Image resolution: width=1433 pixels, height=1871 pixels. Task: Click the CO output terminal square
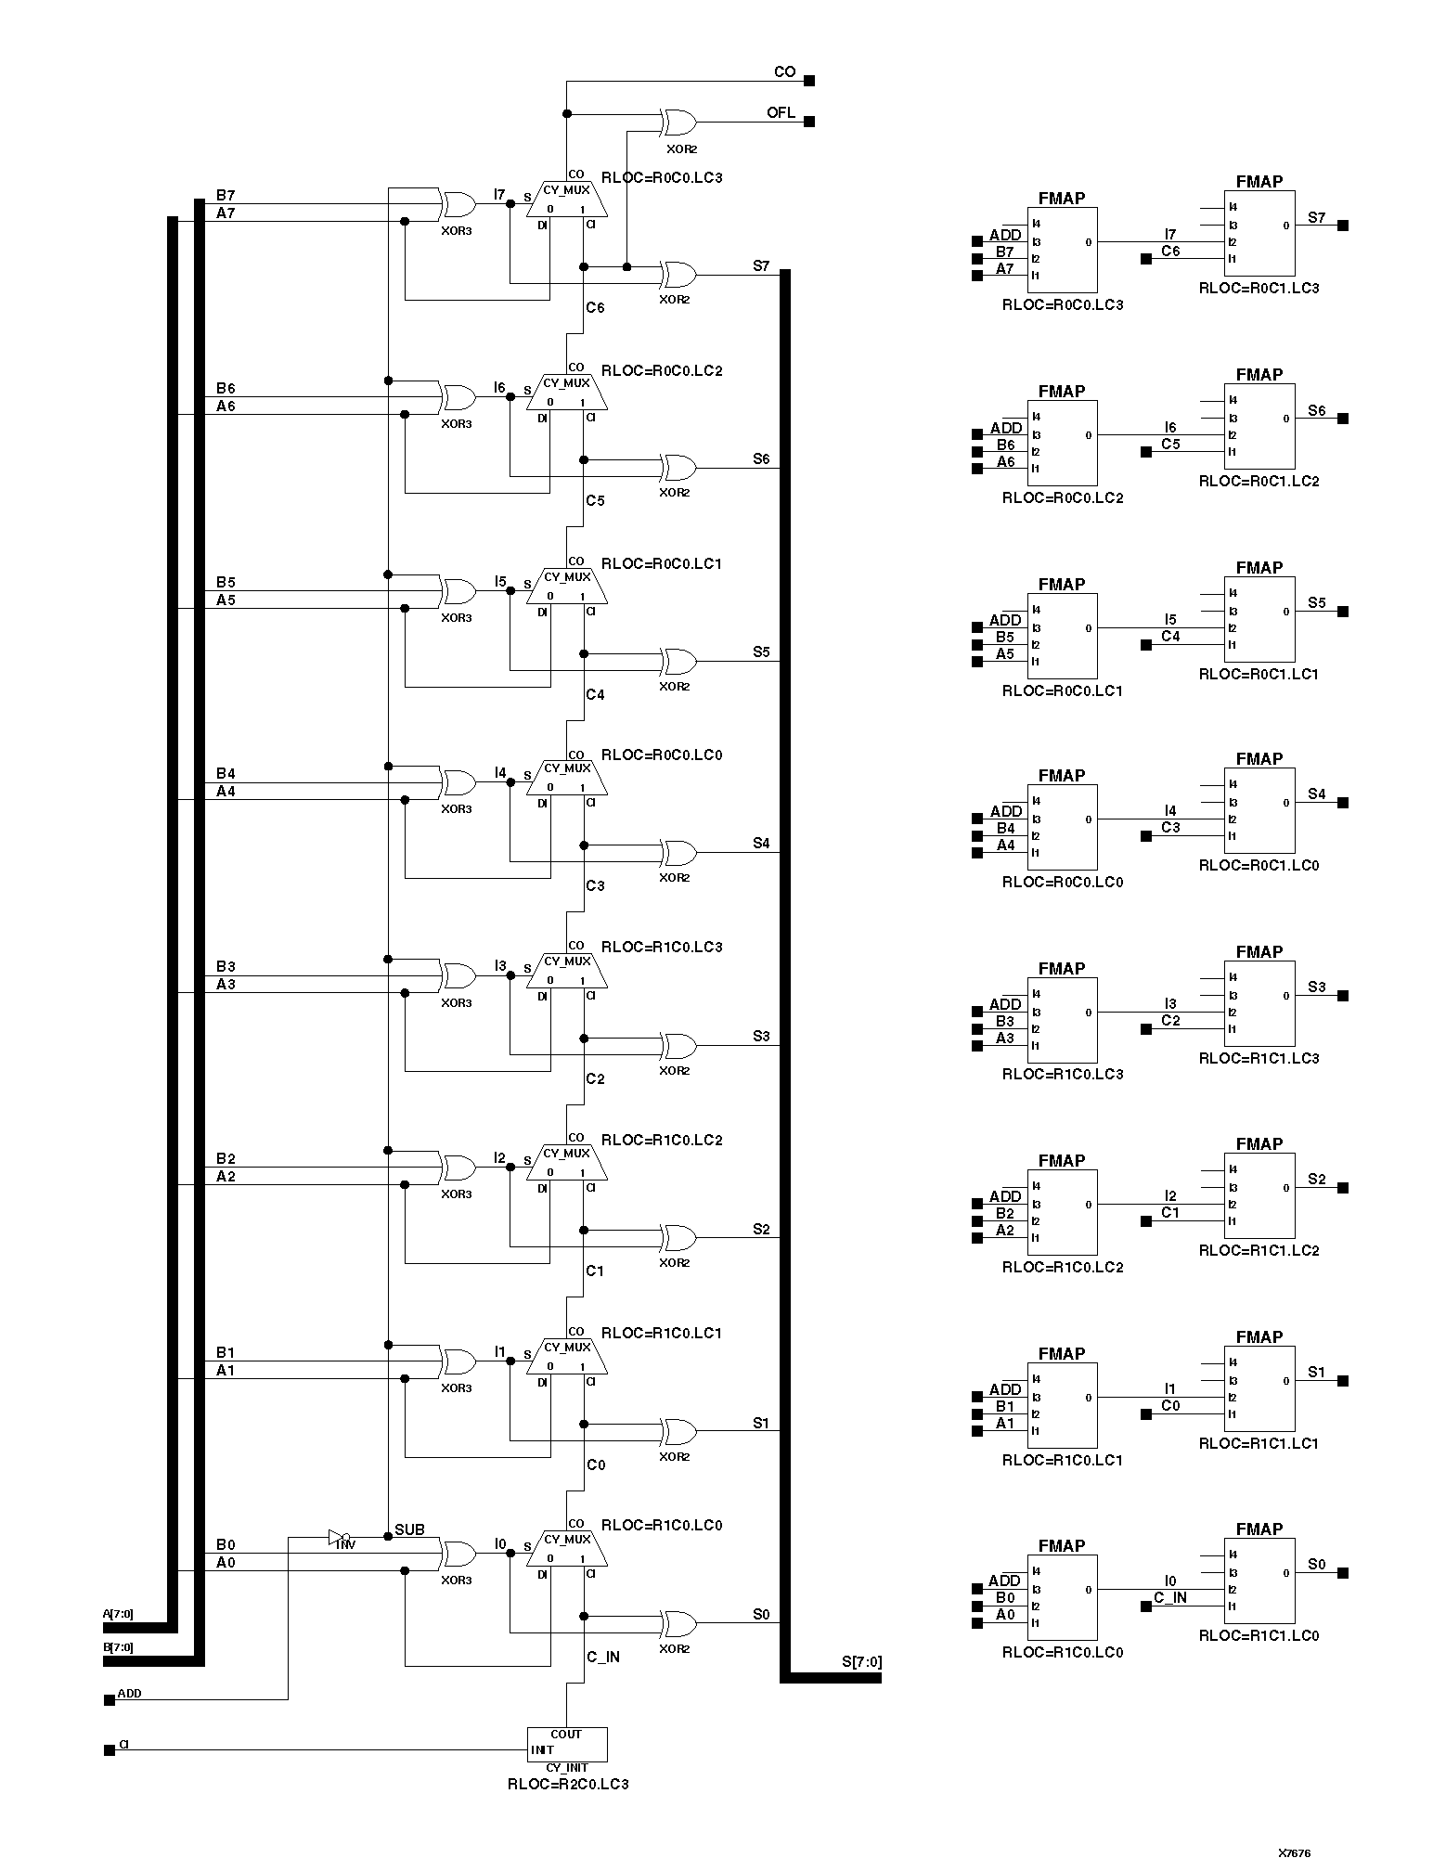point(809,81)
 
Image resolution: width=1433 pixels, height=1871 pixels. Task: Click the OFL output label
point(781,112)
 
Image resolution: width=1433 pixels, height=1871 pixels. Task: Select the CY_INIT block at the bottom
point(567,1744)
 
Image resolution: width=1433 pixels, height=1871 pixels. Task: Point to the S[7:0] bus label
point(861,1662)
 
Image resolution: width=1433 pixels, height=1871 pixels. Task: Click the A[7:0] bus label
point(118,1614)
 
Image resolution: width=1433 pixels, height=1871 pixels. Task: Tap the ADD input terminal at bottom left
point(110,1700)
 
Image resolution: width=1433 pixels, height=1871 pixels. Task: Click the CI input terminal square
point(110,1750)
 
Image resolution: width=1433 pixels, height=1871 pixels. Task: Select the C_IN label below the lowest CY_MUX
point(603,1657)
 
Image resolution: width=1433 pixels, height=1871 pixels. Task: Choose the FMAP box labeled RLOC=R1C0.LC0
point(1062,1598)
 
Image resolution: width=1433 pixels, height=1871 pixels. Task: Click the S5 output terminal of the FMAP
point(1343,612)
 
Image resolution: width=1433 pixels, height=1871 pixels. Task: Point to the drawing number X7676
point(1294,1852)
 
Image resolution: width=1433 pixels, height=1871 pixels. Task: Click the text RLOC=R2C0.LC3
point(567,1784)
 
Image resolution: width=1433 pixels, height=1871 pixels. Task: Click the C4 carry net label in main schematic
point(595,694)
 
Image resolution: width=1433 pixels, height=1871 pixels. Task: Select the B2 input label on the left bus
point(226,1158)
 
